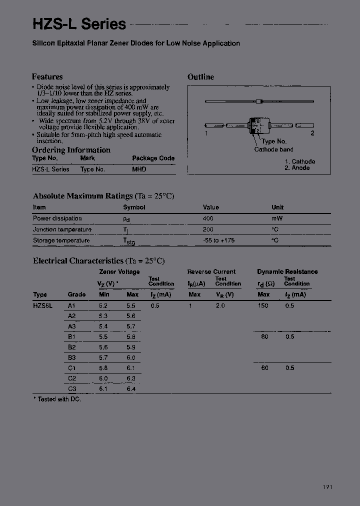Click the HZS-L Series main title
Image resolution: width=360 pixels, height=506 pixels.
tap(79, 23)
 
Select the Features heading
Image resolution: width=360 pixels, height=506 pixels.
tap(47, 77)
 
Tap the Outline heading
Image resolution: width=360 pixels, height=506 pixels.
tap(200, 77)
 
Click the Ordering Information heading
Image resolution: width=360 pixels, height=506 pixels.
tap(71, 150)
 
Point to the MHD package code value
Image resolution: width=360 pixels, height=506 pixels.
tap(139, 169)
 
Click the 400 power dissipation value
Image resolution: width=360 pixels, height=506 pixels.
tap(208, 218)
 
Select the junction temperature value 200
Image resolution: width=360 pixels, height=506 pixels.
tap(208, 229)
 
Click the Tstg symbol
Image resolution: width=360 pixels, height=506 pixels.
tap(128, 241)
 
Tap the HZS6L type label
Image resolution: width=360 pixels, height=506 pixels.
tap(42, 305)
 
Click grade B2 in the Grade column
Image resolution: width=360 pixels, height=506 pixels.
tap(71, 347)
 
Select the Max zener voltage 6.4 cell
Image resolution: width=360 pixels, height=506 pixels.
tap(131, 388)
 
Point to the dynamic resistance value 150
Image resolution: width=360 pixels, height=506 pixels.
tap(263, 305)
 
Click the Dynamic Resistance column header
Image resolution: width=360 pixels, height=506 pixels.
tap(287, 272)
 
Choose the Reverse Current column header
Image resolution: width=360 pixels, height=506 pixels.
tap(211, 272)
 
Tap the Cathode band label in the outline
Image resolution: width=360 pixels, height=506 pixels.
tap(273, 149)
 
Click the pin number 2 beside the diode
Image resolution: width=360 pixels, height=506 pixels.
tap(312, 133)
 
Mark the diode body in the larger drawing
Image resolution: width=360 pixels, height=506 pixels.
tap(256, 125)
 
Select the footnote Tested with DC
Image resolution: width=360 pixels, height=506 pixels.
tap(57, 399)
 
